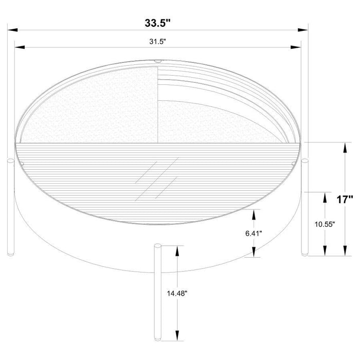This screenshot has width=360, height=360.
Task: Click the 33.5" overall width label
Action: pos(157,22)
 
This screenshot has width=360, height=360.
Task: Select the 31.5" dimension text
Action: pos(157,42)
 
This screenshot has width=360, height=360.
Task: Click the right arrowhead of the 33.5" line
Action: pos(304,30)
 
